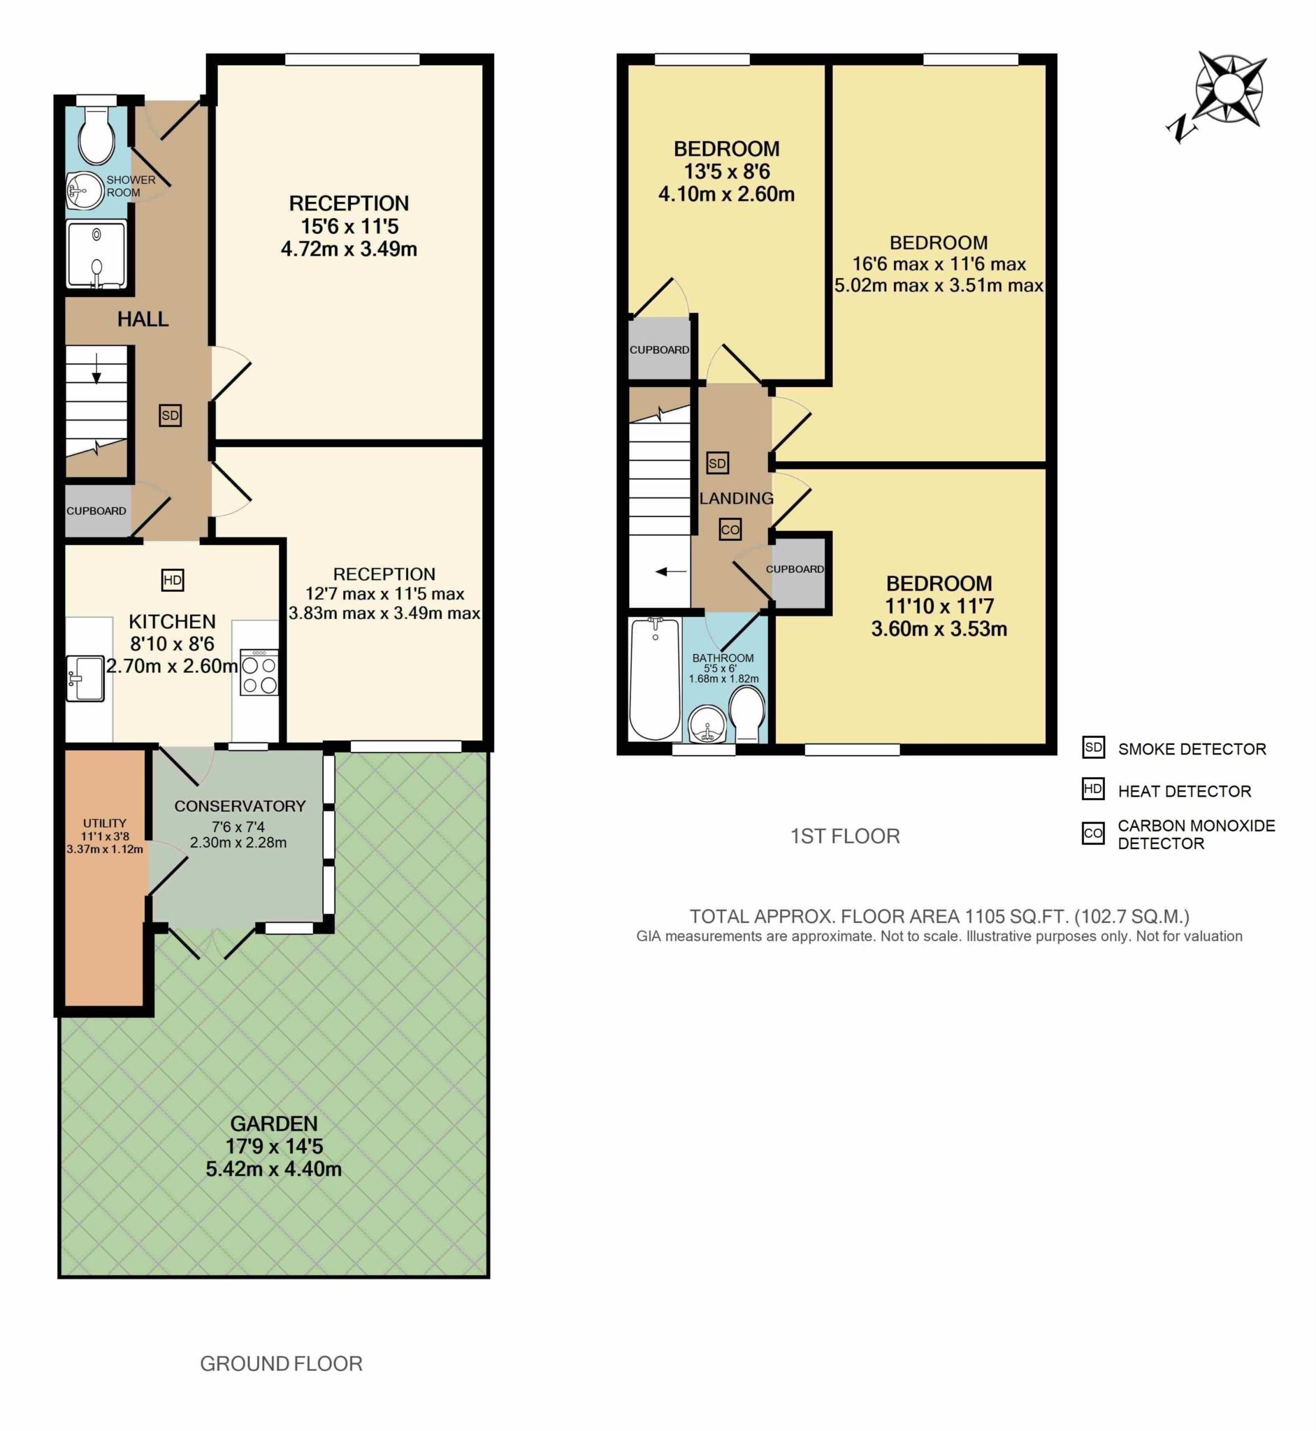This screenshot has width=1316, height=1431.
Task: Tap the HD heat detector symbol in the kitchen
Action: click(173, 580)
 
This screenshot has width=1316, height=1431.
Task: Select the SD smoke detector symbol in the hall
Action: click(170, 416)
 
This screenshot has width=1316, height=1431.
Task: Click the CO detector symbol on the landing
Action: click(730, 530)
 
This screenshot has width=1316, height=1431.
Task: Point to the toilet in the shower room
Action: click(96, 136)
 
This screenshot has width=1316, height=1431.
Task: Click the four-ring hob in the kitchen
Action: click(259, 672)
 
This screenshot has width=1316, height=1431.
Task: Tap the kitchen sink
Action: click(85, 678)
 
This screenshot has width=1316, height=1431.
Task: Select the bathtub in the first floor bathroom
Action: click(654, 679)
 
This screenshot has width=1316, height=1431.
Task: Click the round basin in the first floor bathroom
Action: click(707, 723)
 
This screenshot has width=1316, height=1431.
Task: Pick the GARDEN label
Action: click(273, 1124)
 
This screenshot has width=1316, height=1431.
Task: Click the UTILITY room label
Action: click(104, 823)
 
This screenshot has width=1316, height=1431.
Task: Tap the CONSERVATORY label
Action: click(240, 806)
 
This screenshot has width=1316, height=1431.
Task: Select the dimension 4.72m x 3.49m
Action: click(349, 249)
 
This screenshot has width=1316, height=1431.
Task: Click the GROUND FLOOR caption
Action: click(281, 1363)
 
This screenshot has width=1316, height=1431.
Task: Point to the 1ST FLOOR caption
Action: click(844, 836)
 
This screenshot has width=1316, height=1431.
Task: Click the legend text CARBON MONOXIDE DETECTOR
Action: click(1196, 834)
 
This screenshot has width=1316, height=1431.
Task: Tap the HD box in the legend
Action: click(1092, 789)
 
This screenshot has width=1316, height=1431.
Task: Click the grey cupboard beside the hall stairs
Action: click(97, 511)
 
